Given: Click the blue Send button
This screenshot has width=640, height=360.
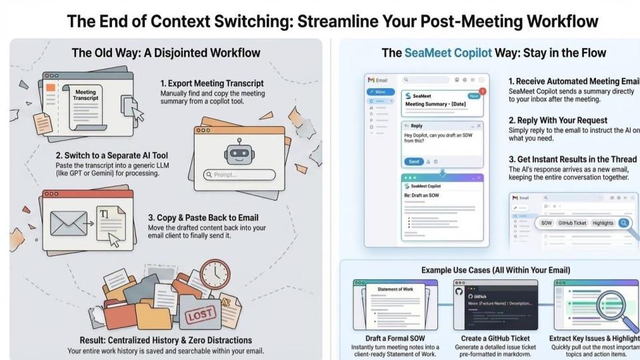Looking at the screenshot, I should pyautogui.click(x=413, y=161).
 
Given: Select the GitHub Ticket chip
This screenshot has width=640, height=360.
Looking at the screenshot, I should pyautogui.click(x=572, y=223).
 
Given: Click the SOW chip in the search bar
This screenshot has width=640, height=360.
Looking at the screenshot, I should pyautogui.click(x=546, y=223).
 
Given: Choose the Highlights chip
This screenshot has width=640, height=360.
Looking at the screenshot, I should pyautogui.click(x=603, y=223).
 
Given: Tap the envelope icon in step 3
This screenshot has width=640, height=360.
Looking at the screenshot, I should pyautogui.click(x=69, y=223).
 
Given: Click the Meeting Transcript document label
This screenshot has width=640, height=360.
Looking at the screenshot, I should pyautogui.click(x=85, y=95).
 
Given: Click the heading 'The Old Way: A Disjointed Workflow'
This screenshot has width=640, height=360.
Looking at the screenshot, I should pyautogui.click(x=165, y=52).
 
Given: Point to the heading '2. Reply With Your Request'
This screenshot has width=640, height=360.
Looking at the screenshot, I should pyautogui.click(x=557, y=120).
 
